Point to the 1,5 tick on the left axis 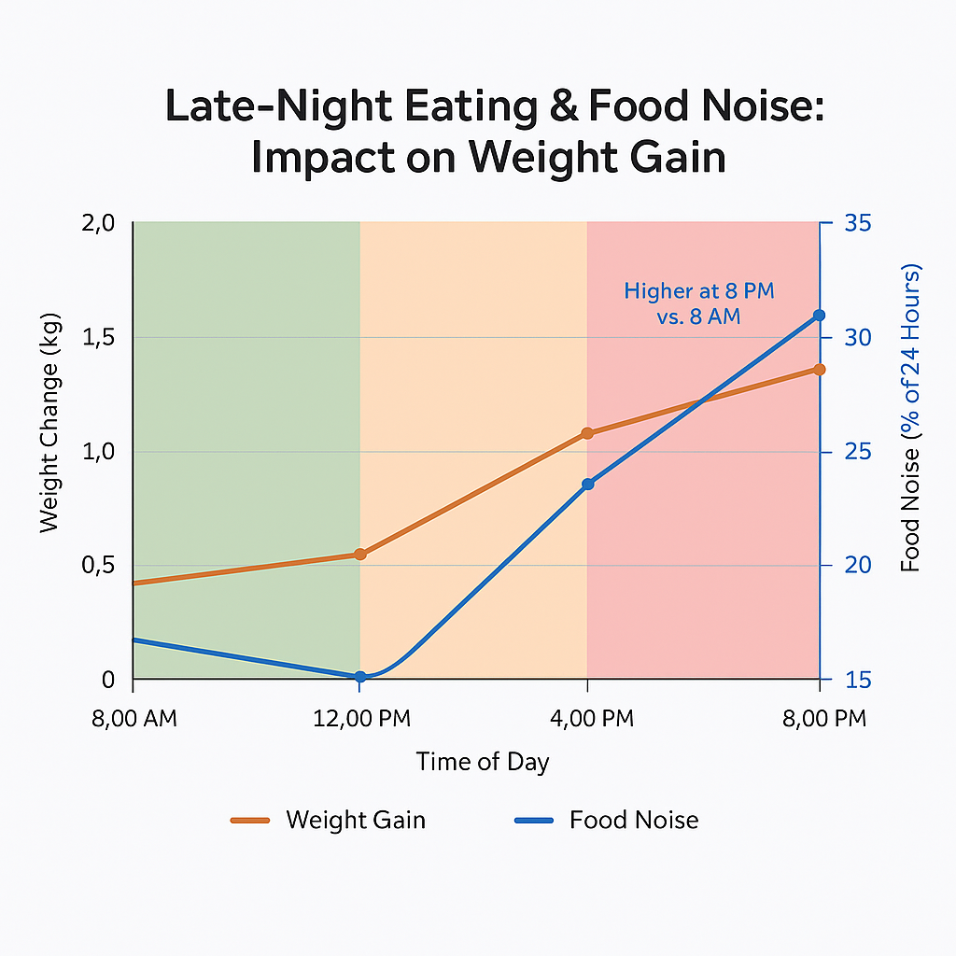(x=98, y=337)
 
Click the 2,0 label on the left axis (x=98, y=224)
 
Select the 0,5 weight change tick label (x=98, y=566)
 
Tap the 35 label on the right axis (x=858, y=224)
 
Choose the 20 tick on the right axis (x=858, y=566)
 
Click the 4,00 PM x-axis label (x=587, y=719)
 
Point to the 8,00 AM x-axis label (x=134, y=719)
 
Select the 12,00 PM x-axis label (x=360, y=719)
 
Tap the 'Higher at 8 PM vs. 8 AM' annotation (x=698, y=303)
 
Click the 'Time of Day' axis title (x=483, y=762)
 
